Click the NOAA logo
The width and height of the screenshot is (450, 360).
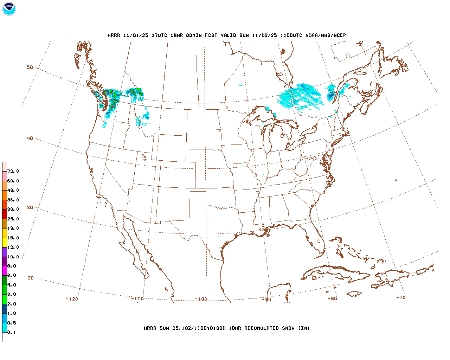pyautogui.click(x=9, y=9)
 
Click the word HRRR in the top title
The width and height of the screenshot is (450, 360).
pyautogui.click(x=114, y=36)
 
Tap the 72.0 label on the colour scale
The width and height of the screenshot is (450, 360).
pyautogui.click(x=13, y=172)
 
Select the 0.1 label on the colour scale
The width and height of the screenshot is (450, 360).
pyautogui.click(x=12, y=333)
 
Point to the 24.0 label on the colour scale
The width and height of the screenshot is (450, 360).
pyautogui.click(x=13, y=219)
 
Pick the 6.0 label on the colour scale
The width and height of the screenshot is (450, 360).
pyautogui.click(x=12, y=276)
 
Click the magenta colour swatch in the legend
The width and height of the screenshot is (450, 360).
pyautogui.click(x=5, y=271)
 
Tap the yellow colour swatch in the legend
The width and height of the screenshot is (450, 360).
pyautogui.click(x=5, y=242)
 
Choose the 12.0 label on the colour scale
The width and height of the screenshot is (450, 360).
pyautogui.click(x=13, y=247)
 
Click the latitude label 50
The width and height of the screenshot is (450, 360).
pyautogui.click(x=30, y=67)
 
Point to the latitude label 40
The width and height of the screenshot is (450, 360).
pyautogui.click(x=30, y=139)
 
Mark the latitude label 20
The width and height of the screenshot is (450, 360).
pyautogui.click(x=31, y=278)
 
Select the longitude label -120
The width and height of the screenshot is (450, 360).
pyautogui.click(x=72, y=299)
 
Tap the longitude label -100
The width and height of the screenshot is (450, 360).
pyautogui.click(x=201, y=299)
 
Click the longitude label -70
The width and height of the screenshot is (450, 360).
pyautogui.click(x=401, y=297)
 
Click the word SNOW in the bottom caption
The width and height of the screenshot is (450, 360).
pyautogui.click(x=287, y=328)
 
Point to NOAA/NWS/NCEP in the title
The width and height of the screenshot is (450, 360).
pyautogui.click(x=326, y=36)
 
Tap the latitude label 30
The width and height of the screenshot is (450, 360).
pyautogui.click(x=30, y=208)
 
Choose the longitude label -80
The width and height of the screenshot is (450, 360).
pyautogui.click(x=332, y=299)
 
